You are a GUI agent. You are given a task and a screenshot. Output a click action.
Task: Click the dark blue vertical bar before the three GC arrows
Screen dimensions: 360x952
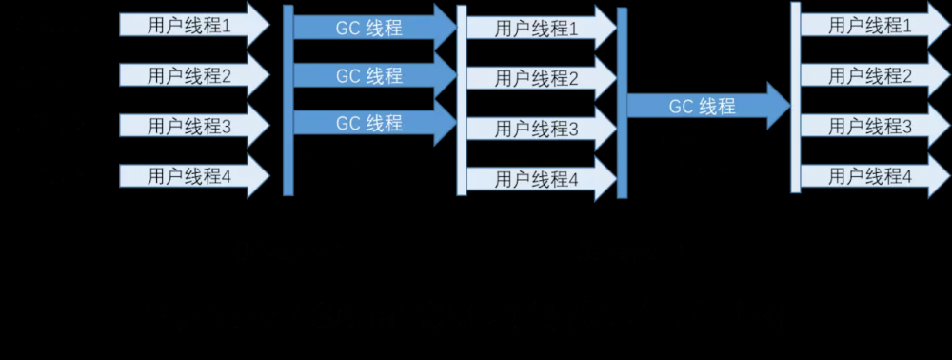click(288, 100)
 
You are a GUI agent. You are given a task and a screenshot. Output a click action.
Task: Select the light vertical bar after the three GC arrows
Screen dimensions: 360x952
click(462, 100)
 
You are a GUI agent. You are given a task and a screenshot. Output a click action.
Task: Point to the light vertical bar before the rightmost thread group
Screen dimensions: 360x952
click(795, 97)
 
